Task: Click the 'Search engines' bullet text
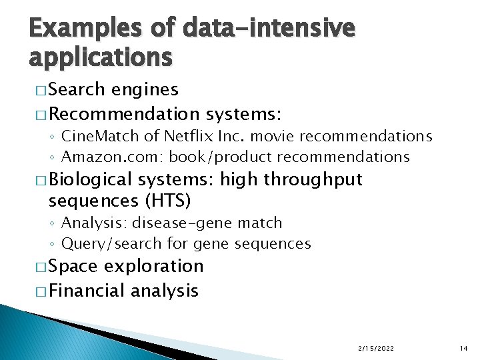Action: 113,89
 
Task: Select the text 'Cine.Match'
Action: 100,136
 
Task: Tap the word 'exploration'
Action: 154,266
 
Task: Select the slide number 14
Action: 465,348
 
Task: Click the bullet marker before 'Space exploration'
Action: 37,267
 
